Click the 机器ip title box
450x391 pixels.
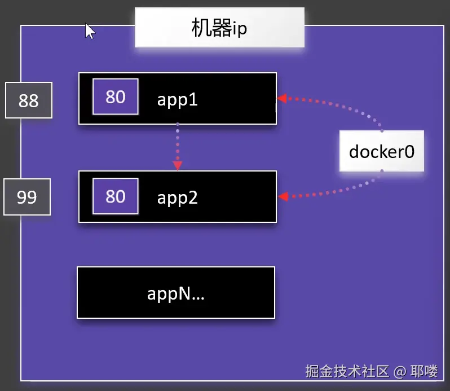tap(219, 27)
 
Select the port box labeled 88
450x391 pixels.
tap(29, 100)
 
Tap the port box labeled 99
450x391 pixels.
tap(27, 197)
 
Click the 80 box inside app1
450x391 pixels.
tap(116, 97)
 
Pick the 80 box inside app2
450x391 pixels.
tap(116, 196)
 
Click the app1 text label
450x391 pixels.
tap(177, 100)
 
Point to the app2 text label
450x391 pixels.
tap(177, 198)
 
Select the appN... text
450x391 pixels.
tap(175, 293)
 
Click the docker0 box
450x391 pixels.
tap(382, 151)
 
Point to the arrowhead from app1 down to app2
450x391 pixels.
tap(178, 165)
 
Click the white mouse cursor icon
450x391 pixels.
tap(90, 30)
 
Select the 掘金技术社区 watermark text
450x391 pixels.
tap(347, 371)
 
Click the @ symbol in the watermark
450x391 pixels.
tap(400, 371)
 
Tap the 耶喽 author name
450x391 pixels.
tap(424, 371)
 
